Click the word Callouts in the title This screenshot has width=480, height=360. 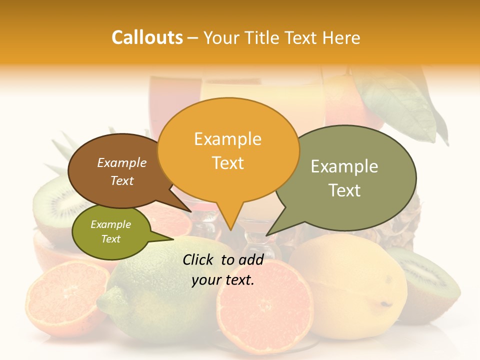click(147, 37)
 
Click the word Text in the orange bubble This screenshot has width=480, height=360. click(227, 163)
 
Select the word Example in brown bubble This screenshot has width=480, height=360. click(121, 162)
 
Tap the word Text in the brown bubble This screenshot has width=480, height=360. click(121, 180)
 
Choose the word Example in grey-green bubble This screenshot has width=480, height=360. click(344, 166)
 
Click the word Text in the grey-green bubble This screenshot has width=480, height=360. click(344, 190)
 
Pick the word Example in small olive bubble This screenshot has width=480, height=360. click(110, 224)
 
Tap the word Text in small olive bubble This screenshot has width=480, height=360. click(110, 239)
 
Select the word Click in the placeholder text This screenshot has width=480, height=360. click(199, 259)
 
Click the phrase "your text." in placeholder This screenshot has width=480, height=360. click(223, 280)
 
